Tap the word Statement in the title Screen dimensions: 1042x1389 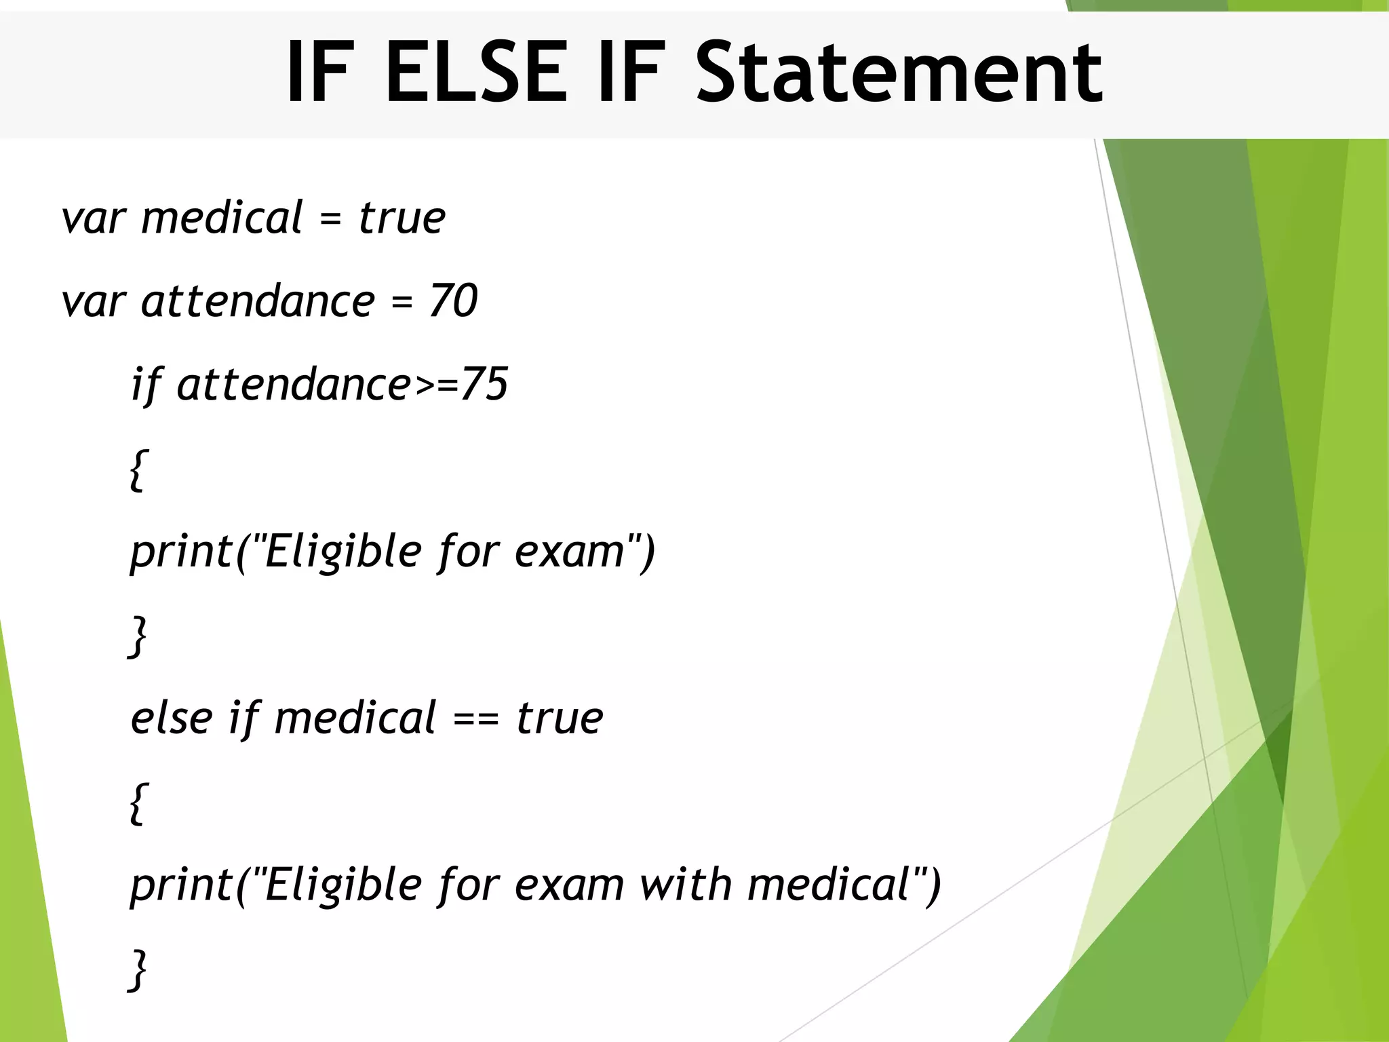899,72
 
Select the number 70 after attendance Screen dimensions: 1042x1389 453,301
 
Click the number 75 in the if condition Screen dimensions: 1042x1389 484,384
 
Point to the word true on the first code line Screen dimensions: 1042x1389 402,218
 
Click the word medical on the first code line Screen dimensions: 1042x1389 222,218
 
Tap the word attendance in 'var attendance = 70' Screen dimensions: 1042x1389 258,301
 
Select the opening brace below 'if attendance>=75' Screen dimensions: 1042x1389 137,469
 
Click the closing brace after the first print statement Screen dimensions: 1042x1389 137,636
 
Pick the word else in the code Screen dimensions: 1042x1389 172,718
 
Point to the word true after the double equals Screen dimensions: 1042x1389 560,718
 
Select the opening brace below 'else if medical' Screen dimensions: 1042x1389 137,803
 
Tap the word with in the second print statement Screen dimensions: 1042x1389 686,885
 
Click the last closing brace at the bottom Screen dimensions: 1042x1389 137,970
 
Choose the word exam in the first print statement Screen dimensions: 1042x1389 570,551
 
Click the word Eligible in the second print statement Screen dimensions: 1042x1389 343,885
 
